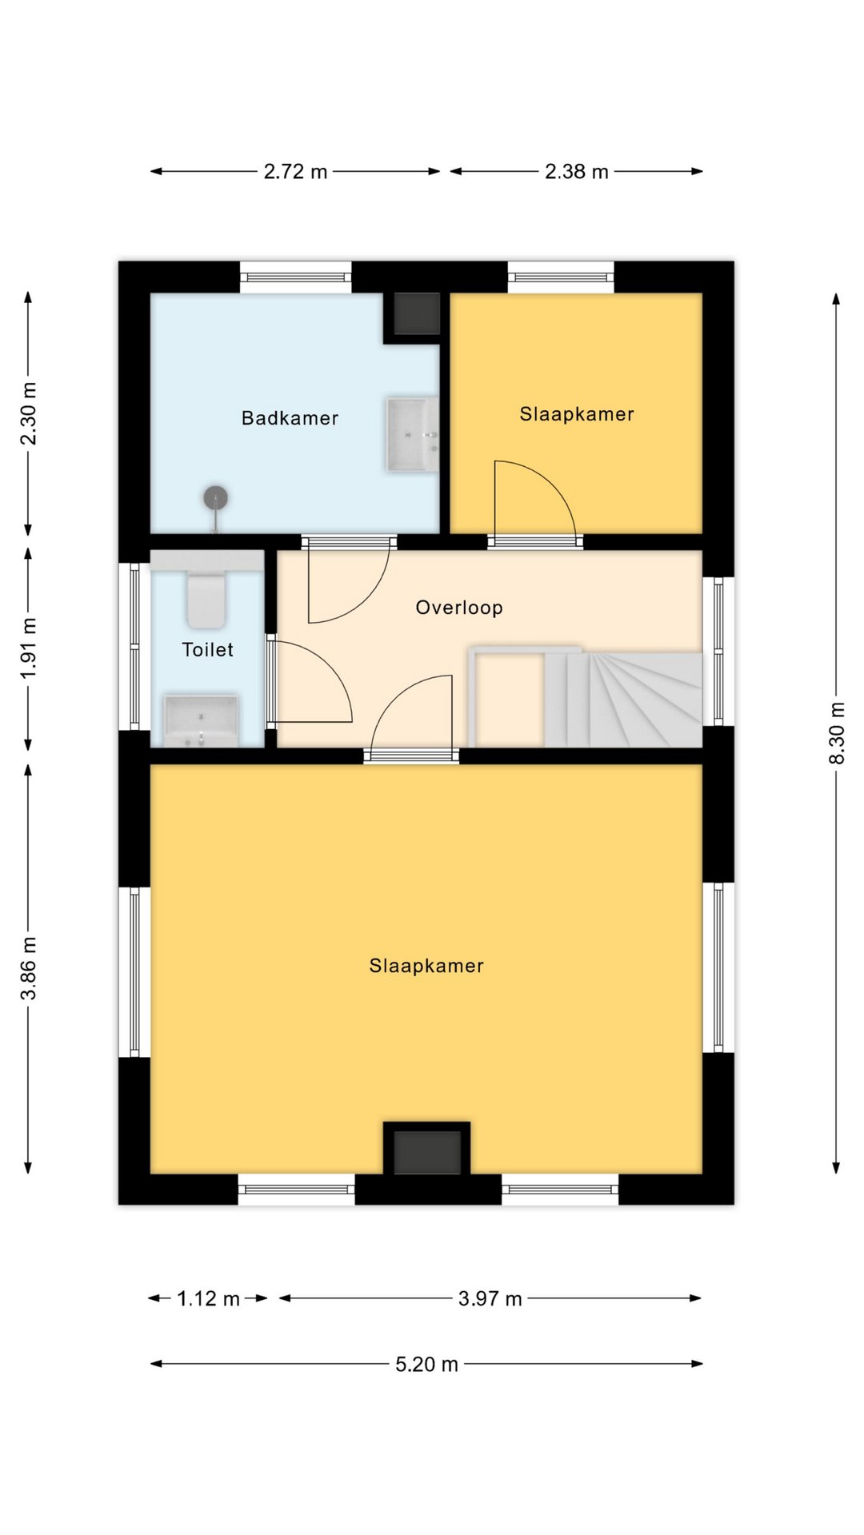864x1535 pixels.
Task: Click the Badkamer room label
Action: (x=290, y=418)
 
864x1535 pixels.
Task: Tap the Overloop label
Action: (x=459, y=608)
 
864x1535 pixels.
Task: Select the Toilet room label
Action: (x=207, y=650)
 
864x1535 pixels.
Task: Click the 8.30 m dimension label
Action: (x=837, y=733)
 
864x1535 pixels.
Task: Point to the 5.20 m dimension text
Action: (x=426, y=1364)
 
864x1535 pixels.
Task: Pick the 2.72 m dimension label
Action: (x=295, y=171)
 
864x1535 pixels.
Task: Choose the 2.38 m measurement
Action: (x=576, y=171)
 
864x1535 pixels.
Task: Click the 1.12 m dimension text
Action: (x=208, y=1298)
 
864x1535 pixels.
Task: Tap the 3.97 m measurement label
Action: (x=490, y=1298)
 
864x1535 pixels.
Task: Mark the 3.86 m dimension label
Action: (x=30, y=968)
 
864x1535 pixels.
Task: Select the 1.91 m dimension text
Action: (x=30, y=648)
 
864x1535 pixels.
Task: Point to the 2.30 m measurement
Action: (x=30, y=413)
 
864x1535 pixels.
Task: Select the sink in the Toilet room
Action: (x=201, y=720)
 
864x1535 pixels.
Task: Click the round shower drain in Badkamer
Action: (x=215, y=498)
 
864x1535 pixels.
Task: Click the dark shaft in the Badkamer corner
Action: (x=417, y=313)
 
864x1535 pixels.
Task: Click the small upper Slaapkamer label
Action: (x=577, y=414)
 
